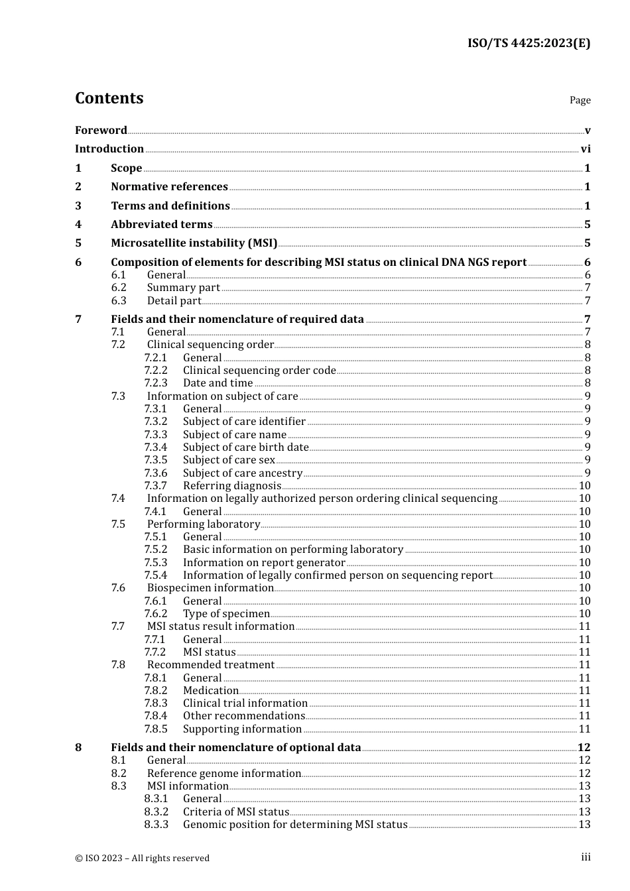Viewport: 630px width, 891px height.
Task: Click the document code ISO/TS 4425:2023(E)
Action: click(529, 44)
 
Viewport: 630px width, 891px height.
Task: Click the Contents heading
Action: click(109, 98)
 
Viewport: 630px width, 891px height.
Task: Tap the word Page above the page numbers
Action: click(580, 100)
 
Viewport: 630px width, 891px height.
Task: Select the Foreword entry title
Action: click(101, 131)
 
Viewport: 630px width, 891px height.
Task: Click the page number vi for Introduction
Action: click(586, 149)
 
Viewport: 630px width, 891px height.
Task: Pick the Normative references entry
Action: click(169, 187)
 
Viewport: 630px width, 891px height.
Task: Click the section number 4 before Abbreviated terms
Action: click(78, 225)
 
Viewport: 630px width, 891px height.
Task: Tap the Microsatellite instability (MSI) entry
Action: click(194, 243)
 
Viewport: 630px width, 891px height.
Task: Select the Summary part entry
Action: click(183, 288)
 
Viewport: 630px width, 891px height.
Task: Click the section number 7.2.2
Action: click(156, 371)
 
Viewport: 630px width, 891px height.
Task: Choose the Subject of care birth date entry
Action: click(245, 447)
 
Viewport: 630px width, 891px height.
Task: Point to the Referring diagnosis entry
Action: click(231, 486)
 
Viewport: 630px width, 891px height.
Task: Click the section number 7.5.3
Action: click(156, 563)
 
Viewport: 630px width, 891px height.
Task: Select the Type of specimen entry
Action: click(226, 614)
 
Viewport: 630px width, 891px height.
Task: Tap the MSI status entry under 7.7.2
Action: click(209, 652)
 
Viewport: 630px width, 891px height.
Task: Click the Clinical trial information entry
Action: click(245, 703)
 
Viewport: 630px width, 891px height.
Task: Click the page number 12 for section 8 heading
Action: click(584, 748)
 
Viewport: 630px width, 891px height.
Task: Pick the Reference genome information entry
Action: click(223, 774)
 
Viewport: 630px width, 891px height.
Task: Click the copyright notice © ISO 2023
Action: click(142, 858)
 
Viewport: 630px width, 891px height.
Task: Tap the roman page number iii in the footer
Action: click(586, 857)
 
